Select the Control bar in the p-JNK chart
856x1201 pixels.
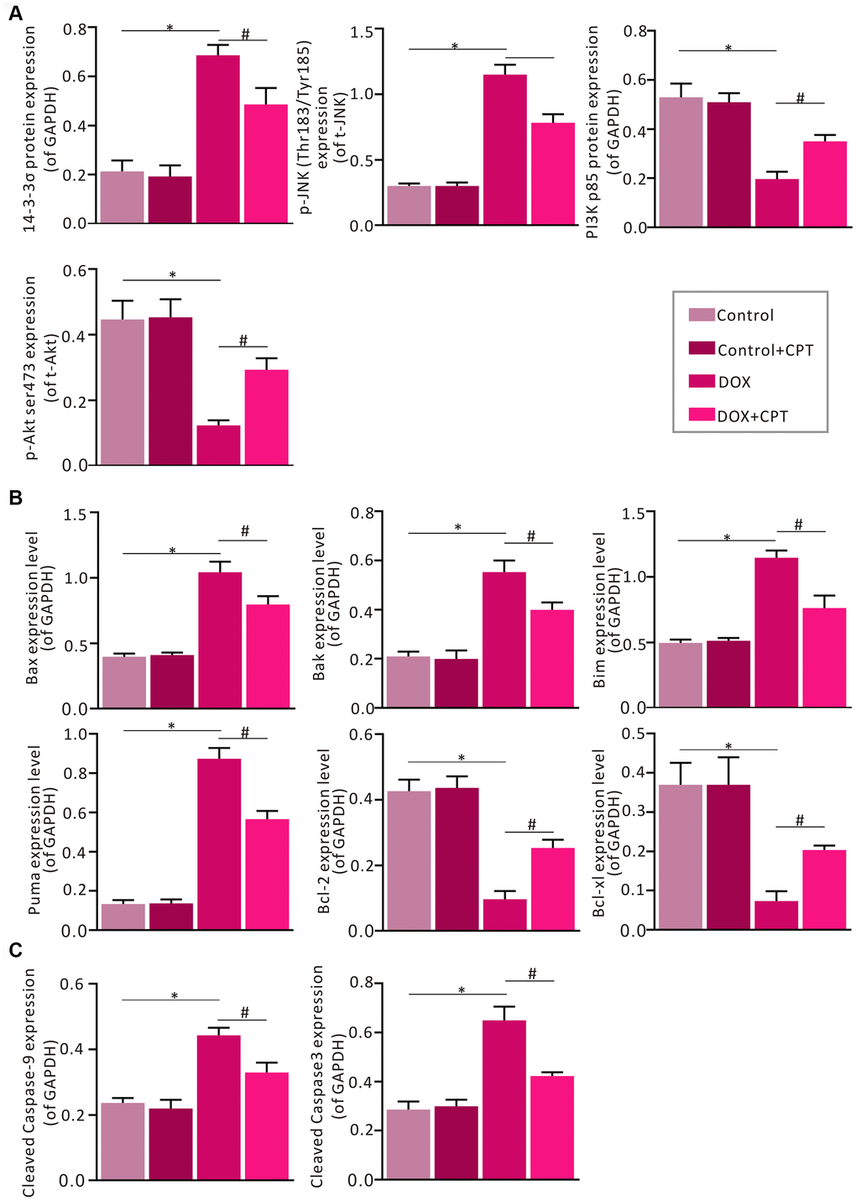[x=409, y=206]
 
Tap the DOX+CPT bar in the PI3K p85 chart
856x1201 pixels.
[x=825, y=184]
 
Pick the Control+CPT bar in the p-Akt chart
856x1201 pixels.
[x=170, y=391]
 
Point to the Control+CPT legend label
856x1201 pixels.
[x=765, y=350]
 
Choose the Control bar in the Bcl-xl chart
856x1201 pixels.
[x=680, y=857]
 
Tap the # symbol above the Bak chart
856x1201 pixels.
[x=531, y=536]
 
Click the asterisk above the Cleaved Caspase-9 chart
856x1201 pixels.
[x=175, y=995]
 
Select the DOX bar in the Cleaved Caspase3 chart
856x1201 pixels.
[x=504, y=1100]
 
